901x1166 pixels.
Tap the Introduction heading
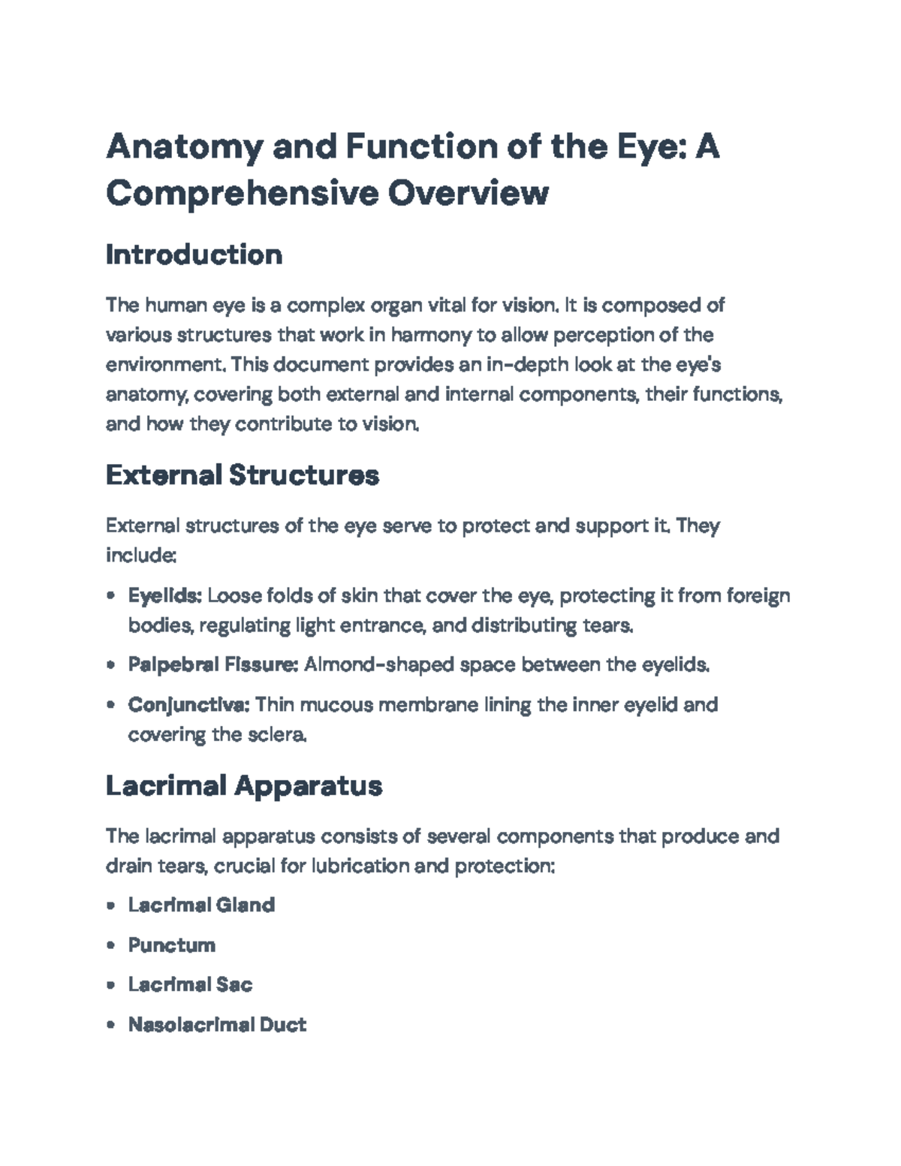pos(194,255)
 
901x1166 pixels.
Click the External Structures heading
pos(242,475)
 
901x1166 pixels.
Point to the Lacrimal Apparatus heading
pos(244,785)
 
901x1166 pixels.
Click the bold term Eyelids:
pos(164,596)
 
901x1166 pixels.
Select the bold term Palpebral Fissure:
pos(213,664)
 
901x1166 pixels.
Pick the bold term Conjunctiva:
pos(188,705)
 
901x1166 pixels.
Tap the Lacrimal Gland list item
pos(201,905)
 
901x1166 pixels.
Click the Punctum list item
pos(171,945)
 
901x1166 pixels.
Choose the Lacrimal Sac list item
pos(190,984)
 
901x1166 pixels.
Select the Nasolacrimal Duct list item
pos(217,1025)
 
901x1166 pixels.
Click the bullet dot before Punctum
pos(111,945)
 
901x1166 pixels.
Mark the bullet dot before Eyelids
pos(111,597)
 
